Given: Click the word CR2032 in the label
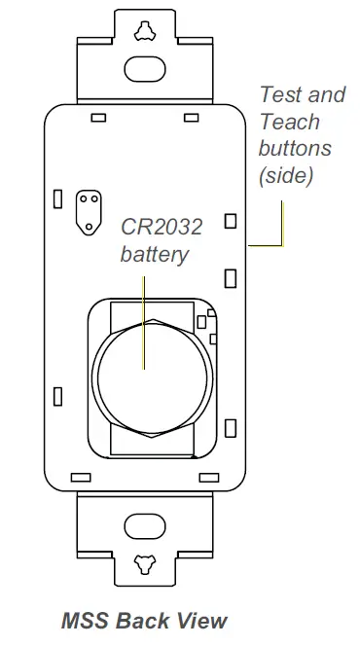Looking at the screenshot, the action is pos(162,228).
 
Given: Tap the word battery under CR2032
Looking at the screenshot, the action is pos(153,255).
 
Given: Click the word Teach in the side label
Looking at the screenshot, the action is pos(290,123).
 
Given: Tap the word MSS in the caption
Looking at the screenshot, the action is pos(82,620).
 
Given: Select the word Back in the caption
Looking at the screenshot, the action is pos(140,620).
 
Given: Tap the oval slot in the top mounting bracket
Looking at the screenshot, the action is pos(144,68).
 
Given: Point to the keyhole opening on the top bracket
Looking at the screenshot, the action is pos(144,27).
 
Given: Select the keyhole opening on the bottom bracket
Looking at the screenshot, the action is pos(144,561).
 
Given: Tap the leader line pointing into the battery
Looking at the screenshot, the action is pos(143,316).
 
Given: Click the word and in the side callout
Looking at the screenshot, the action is pos(327,95).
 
